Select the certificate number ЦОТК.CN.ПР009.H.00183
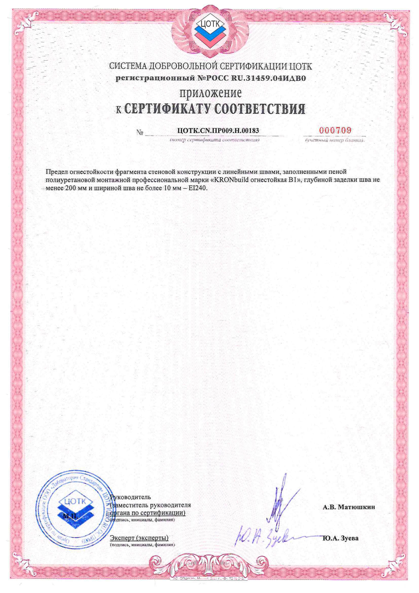218,131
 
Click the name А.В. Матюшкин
349,507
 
